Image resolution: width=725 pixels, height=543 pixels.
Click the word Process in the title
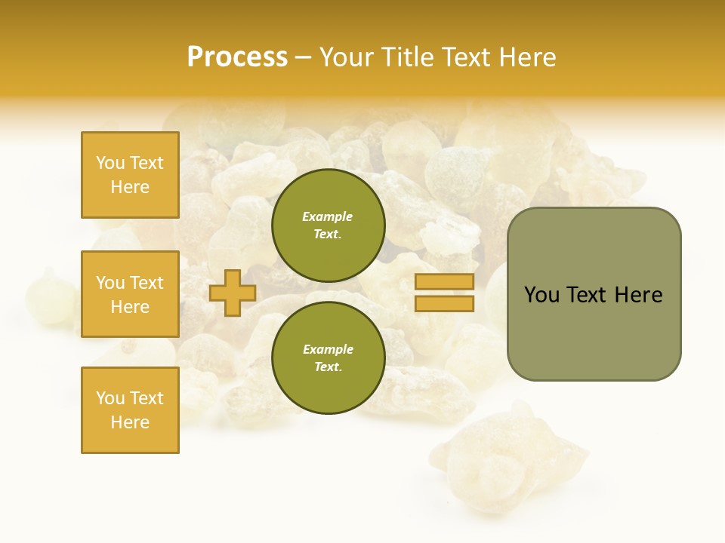point(237,57)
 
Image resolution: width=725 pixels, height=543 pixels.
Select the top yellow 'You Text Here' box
point(130,175)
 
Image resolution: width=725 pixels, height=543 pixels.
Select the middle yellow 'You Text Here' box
point(130,294)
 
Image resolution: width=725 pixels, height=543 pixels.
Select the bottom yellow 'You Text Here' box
point(130,410)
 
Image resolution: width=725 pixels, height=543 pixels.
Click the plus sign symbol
point(233,293)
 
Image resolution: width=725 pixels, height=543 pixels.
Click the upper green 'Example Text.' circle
point(328,225)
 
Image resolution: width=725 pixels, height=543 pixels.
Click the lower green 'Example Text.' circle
point(328,358)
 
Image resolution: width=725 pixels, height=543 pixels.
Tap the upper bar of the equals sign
point(444,281)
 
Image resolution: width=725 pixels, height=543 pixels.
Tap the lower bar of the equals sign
point(444,304)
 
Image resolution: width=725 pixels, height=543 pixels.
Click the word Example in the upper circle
point(328,217)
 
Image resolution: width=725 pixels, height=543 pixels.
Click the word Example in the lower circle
point(328,350)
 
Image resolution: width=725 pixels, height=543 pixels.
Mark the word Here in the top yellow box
point(130,187)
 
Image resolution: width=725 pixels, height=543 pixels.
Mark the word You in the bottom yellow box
point(110,398)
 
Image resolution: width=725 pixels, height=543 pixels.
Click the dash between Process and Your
point(304,57)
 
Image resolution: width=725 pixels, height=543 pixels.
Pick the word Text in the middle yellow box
point(146,283)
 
